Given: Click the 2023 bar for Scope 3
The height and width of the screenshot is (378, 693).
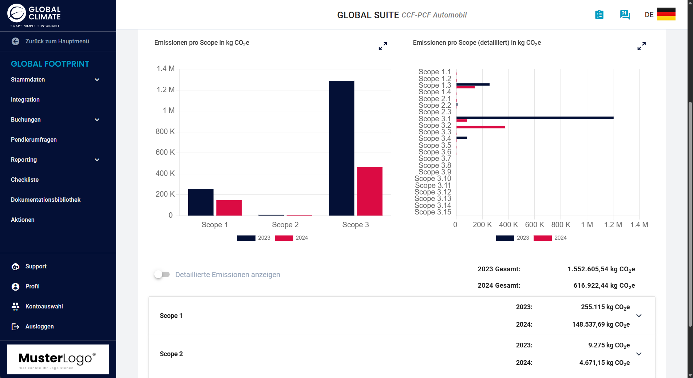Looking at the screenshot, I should pos(341,148).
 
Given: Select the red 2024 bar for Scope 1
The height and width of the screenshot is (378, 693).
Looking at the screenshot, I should pos(229,208).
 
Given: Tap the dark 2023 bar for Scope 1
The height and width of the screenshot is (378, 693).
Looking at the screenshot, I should pos(201,202).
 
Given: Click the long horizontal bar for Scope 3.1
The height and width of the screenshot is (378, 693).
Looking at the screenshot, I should pos(535,118).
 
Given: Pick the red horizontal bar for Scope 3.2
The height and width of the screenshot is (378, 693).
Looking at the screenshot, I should pos(480,127).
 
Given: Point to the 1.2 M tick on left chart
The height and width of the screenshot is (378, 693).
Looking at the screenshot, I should pos(166,90).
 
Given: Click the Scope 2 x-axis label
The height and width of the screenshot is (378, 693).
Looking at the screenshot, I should pos(285,225).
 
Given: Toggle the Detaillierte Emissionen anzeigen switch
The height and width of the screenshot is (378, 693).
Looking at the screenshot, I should pos(162,274).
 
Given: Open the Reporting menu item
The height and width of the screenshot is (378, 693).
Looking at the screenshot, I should pos(24,160).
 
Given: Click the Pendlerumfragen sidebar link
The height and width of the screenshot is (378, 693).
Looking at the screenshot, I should pos(34,139).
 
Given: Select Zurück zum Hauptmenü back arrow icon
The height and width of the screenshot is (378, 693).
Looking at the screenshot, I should pos(15,42).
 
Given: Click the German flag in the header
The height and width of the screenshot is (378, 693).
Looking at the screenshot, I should pos(666,14).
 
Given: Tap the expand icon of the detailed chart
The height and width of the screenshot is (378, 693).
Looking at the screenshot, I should pos(641,46).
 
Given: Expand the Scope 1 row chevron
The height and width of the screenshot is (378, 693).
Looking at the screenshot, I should pos(639,316).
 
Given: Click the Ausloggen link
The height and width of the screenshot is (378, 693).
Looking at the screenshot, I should pos(39,326).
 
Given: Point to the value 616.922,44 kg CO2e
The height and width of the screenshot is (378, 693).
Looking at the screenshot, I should pos(604,286).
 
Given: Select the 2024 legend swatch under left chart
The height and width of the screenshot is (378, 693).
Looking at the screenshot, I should pos(284,238).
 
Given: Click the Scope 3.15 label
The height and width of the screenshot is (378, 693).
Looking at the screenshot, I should pos(433,212).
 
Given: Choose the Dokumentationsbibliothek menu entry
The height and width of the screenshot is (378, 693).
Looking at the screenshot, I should pos(45,200).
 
